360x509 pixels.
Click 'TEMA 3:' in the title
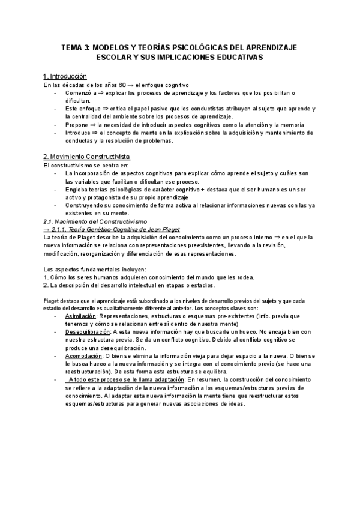pyautogui.click(x=77, y=47)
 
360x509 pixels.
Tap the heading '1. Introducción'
pyautogui.click(x=65, y=77)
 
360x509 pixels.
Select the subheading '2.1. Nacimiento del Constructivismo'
pyautogui.click(x=88, y=221)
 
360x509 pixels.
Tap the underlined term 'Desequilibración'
pyautogui.click(x=88, y=331)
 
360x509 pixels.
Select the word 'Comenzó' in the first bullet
pyautogui.click(x=79, y=93)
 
